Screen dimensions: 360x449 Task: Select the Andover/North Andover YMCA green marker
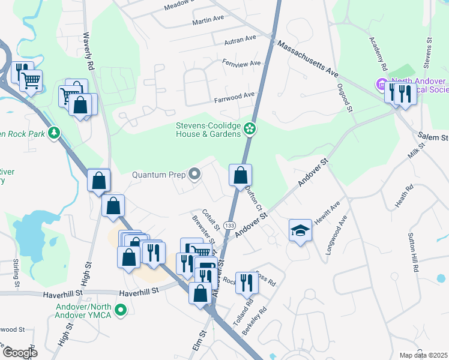pos(121,311)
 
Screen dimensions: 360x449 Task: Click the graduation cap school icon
pos(300,231)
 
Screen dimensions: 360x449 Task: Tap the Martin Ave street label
pos(208,22)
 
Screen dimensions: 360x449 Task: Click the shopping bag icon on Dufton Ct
pos(240,176)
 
